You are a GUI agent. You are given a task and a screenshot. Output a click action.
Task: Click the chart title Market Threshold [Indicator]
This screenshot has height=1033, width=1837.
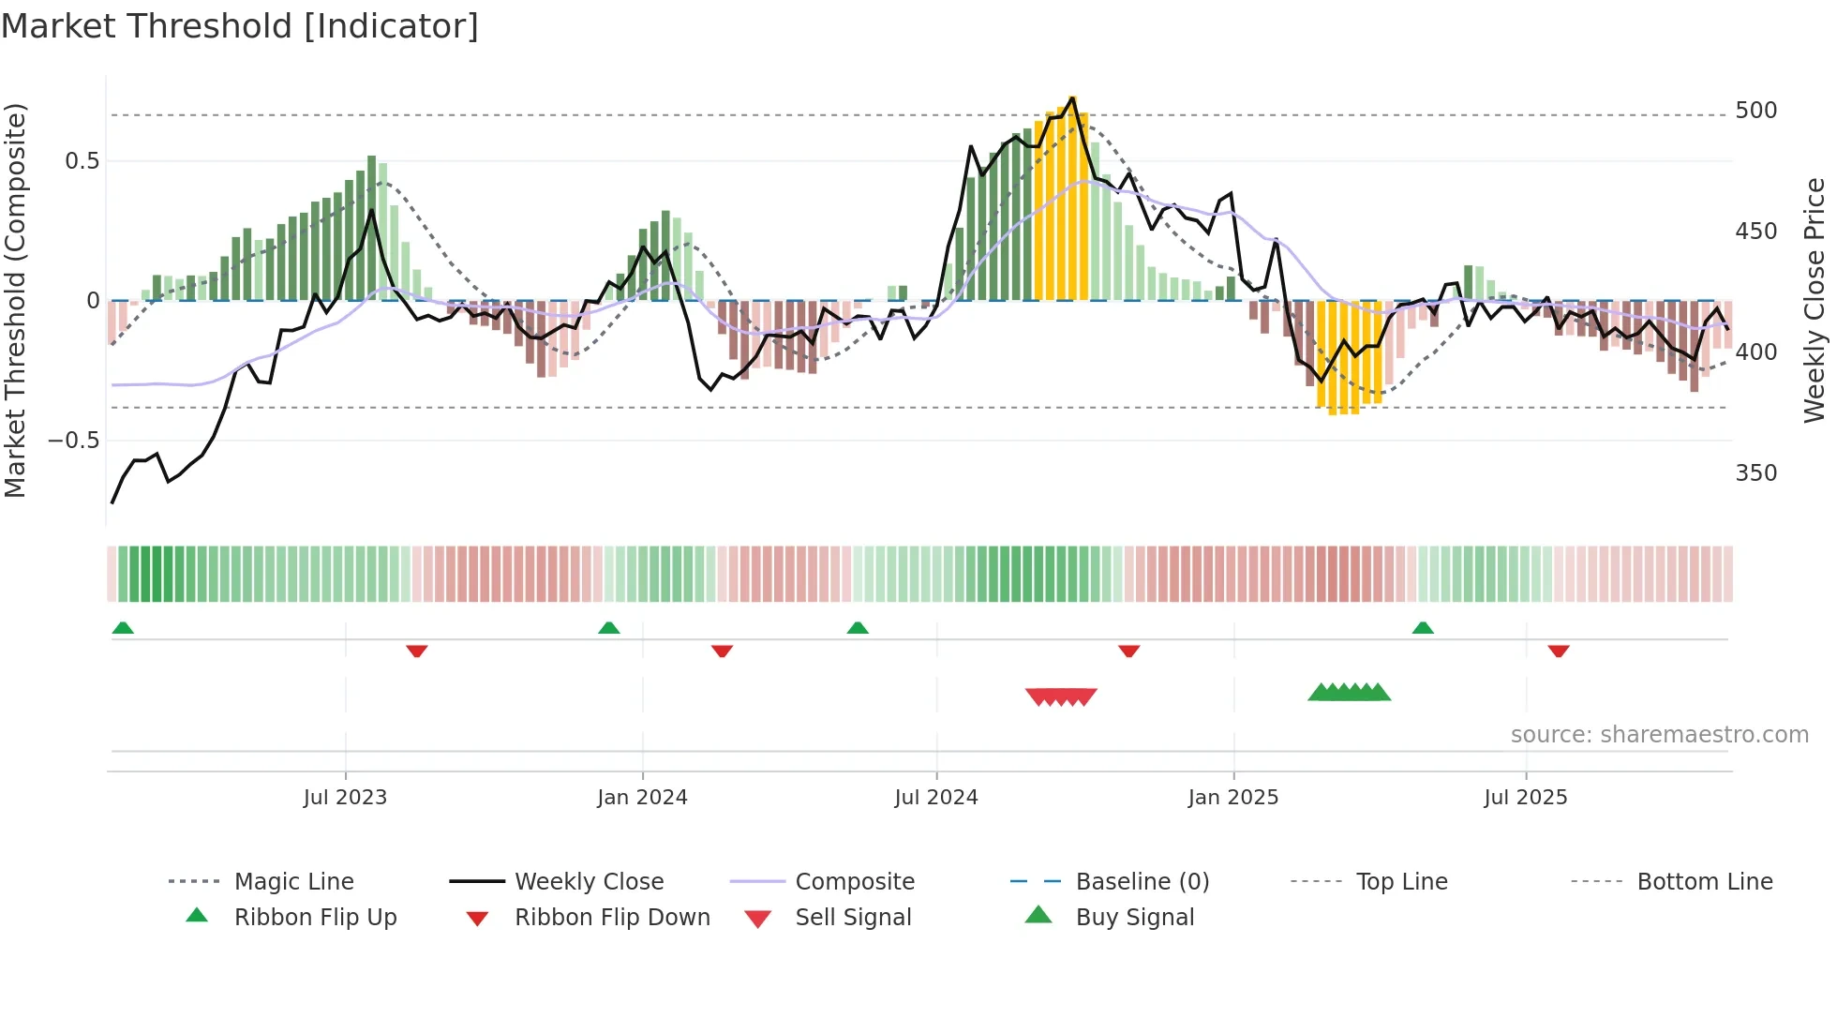[240, 26]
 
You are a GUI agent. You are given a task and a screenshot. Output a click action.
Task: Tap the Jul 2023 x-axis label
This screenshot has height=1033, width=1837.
[345, 798]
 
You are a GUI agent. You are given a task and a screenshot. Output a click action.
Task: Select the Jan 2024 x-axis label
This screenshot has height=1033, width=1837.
[642, 798]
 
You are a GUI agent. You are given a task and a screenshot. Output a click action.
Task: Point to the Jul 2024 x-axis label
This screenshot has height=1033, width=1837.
[935, 798]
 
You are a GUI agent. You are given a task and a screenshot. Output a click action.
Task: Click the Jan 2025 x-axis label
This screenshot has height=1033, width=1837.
[1232, 798]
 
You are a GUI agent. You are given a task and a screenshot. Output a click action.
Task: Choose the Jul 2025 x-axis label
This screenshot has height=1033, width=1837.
[1525, 798]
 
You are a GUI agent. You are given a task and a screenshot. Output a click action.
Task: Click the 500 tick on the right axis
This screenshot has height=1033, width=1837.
[1755, 111]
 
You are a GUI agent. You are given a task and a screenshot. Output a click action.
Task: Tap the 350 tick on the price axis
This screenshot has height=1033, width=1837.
[1755, 473]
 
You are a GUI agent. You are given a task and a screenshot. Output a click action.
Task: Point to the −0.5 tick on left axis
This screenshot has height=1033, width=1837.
[73, 441]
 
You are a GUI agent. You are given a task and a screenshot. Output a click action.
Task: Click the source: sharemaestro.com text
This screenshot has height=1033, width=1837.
[1659, 735]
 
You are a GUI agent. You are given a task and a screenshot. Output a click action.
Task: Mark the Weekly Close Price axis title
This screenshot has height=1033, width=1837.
[1815, 300]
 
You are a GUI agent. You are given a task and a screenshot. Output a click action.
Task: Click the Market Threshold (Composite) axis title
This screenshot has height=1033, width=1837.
[15, 300]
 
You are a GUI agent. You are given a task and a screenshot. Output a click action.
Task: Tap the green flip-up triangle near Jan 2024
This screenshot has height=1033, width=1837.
[609, 628]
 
